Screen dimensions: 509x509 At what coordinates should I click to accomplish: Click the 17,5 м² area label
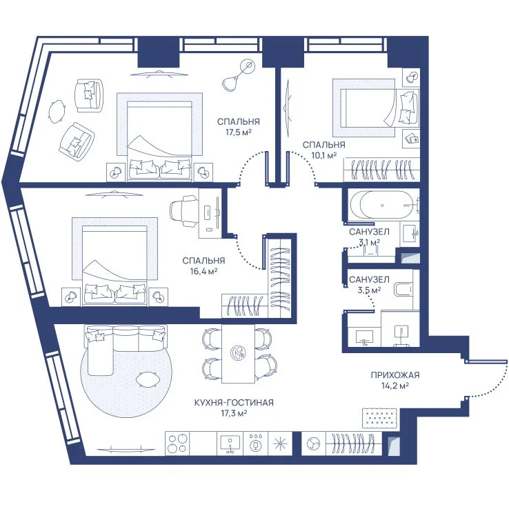(x=239, y=132)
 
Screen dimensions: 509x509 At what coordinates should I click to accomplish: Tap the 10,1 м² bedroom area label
(x=323, y=155)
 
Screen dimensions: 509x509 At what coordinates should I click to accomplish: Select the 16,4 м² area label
(x=203, y=271)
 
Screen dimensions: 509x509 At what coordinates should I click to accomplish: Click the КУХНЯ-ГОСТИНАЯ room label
(x=234, y=403)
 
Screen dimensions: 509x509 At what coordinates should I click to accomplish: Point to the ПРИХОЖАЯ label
(x=395, y=375)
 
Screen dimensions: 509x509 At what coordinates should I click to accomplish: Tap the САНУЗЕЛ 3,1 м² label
(x=369, y=237)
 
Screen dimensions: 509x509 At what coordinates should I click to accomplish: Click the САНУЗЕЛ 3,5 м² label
(x=369, y=284)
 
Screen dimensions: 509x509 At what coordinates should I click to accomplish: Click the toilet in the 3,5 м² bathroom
(x=403, y=288)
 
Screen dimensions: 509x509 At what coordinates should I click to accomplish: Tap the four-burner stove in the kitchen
(x=177, y=443)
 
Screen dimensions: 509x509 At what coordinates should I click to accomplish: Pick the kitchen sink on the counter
(x=230, y=443)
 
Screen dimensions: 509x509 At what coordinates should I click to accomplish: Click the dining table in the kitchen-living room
(x=238, y=353)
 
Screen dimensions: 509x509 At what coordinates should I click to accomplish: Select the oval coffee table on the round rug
(x=148, y=379)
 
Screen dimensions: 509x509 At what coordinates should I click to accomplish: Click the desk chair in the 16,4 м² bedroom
(x=183, y=211)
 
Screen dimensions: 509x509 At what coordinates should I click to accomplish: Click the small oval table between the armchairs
(x=57, y=111)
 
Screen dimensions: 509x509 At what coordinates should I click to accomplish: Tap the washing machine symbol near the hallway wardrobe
(x=313, y=443)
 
